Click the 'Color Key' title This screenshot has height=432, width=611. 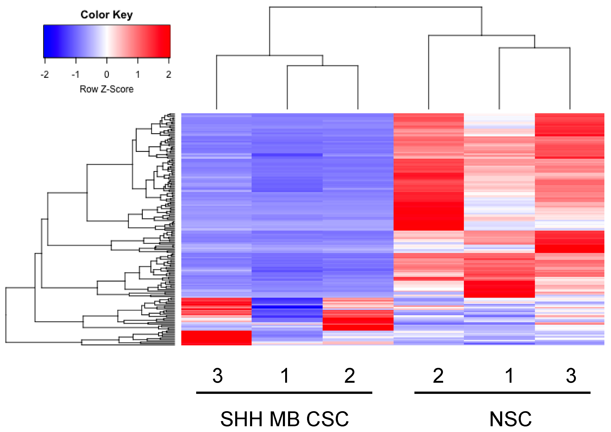[x=106, y=15]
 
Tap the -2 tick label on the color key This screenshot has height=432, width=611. [x=45, y=74]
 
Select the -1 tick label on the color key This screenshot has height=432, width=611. [x=75, y=74]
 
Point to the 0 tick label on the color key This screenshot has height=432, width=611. [x=107, y=74]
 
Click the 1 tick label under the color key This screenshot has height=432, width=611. [x=138, y=74]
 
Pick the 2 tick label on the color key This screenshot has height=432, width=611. [x=168, y=74]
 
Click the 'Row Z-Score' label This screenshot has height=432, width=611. [x=107, y=89]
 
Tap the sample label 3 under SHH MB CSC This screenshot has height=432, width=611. [x=218, y=376]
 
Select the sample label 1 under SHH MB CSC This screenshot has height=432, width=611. [x=285, y=376]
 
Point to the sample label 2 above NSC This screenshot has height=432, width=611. [x=438, y=376]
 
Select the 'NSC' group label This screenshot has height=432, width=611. [x=511, y=419]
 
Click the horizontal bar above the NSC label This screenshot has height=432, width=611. [x=503, y=393]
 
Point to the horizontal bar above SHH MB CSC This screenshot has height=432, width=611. [x=284, y=393]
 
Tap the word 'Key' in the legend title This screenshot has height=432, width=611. [x=122, y=15]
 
